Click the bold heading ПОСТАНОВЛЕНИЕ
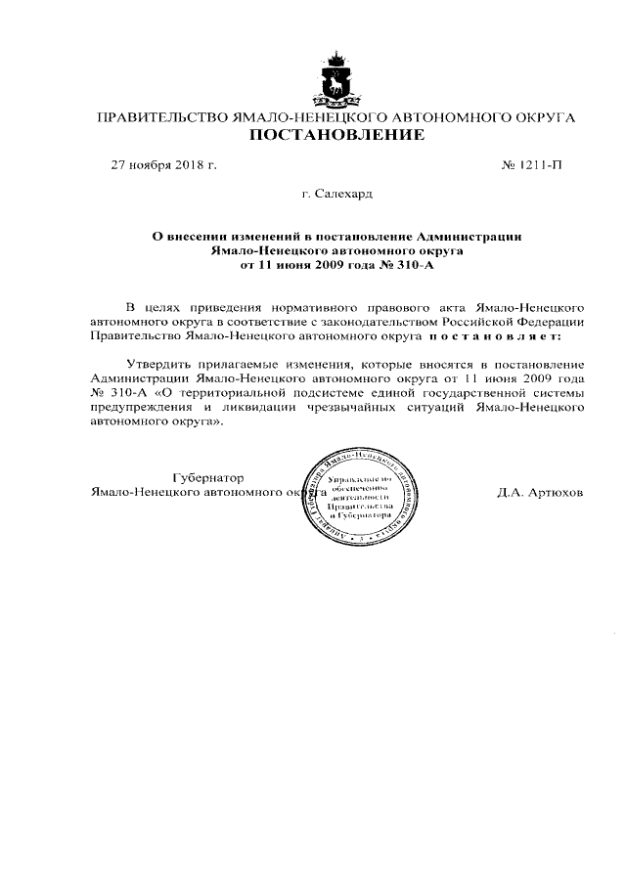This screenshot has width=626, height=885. (335, 135)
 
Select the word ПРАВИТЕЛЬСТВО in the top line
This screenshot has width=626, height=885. (157, 117)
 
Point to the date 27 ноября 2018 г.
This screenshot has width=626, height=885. (163, 164)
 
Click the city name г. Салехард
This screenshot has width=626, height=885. (336, 195)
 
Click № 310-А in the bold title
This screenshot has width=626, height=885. (403, 264)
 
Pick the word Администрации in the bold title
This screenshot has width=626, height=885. (469, 236)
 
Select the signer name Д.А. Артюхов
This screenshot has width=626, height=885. (540, 493)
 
